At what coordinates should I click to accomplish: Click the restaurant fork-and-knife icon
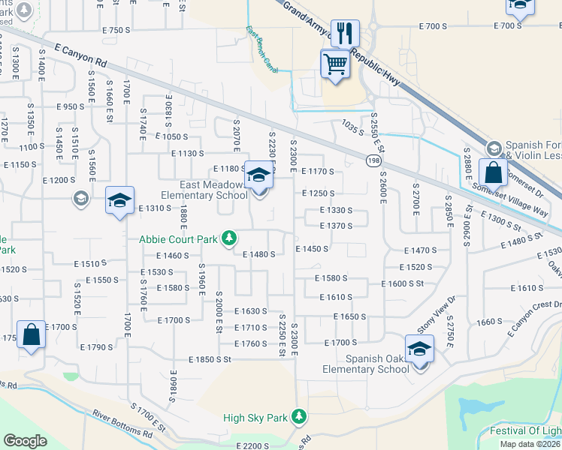pos(345,33)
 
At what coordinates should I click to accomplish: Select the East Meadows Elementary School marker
pos(258,178)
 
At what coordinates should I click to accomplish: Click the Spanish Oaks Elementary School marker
pos(418,348)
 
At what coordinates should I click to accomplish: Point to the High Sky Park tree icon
pos(299,415)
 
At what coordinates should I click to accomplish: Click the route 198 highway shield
pos(373,160)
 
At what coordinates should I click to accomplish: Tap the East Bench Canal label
pos(261,50)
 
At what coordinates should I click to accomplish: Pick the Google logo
pos(26,440)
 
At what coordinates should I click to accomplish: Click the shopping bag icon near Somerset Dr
pos(492,173)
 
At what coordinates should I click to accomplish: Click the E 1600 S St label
pos(403,283)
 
